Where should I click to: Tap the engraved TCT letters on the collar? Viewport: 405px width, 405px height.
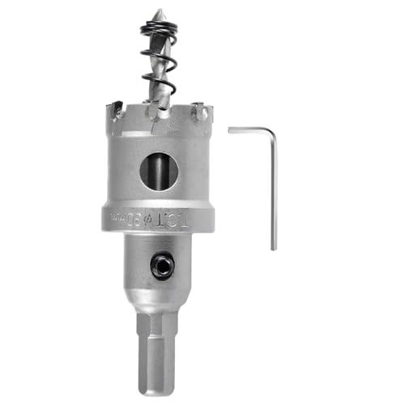point(191,219)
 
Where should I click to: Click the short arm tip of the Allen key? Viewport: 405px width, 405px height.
point(231,129)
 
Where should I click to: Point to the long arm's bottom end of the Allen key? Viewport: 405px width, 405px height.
point(274,247)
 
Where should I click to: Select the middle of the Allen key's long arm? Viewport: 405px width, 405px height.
point(274,190)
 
